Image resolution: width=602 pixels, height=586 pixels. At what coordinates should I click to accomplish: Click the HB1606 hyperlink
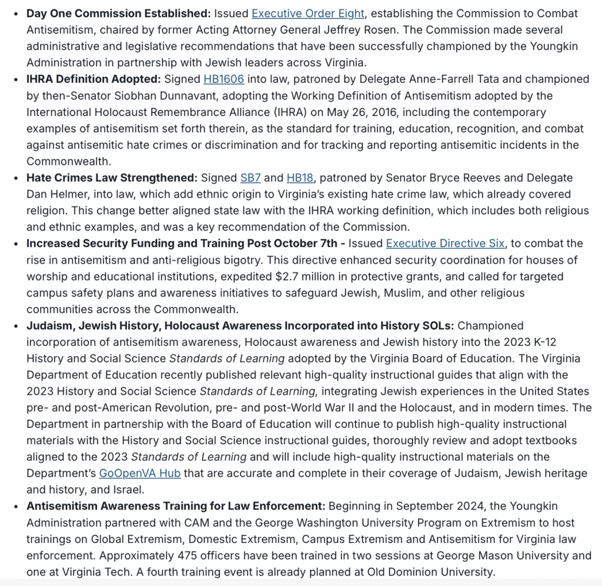click(x=223, y=79)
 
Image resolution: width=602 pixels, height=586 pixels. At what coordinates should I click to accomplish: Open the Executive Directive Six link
click(x=445, y=244)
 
